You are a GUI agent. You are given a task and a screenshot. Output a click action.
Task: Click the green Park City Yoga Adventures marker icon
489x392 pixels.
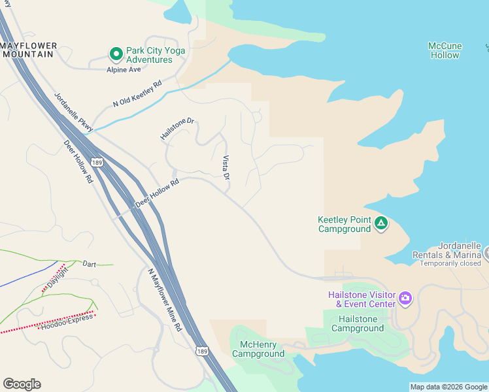[116, 54]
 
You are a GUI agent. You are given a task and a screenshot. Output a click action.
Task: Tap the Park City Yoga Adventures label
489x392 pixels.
[156, 55]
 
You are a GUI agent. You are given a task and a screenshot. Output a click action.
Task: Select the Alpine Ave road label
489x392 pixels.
[124, 69]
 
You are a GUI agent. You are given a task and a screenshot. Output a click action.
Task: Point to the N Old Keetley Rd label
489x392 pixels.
[137, 94]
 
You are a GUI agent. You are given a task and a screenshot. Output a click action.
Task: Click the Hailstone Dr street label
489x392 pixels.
[178, 129]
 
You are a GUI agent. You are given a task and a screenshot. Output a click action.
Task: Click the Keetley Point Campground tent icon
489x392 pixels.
[381, 224]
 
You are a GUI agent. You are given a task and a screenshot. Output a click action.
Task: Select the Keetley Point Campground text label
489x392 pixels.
[345, 224]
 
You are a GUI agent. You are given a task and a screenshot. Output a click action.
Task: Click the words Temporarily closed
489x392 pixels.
[450, 263]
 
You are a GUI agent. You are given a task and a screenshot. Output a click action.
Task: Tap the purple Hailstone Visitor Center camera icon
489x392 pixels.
[405, 299]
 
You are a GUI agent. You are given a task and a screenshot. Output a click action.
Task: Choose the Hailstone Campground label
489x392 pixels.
[357, 323]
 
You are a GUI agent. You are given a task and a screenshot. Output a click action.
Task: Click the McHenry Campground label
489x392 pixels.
[258, 349]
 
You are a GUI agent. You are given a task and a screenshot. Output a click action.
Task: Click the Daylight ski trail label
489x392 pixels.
[56, 278]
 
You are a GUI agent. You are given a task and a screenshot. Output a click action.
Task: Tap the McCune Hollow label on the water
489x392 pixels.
[445, 50]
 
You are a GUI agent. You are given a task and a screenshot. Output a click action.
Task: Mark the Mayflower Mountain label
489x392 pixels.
[29, 50]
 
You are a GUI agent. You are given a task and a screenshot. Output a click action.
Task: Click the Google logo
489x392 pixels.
[22, 384]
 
